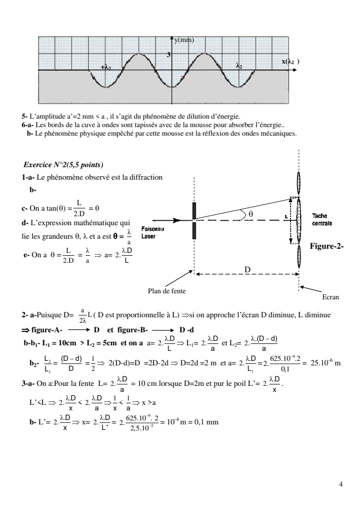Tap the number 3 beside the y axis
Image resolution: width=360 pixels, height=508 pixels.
point(168,54)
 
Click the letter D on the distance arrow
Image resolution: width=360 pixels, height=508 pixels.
point(247,270)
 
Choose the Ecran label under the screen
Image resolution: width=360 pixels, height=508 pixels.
point(330,297)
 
